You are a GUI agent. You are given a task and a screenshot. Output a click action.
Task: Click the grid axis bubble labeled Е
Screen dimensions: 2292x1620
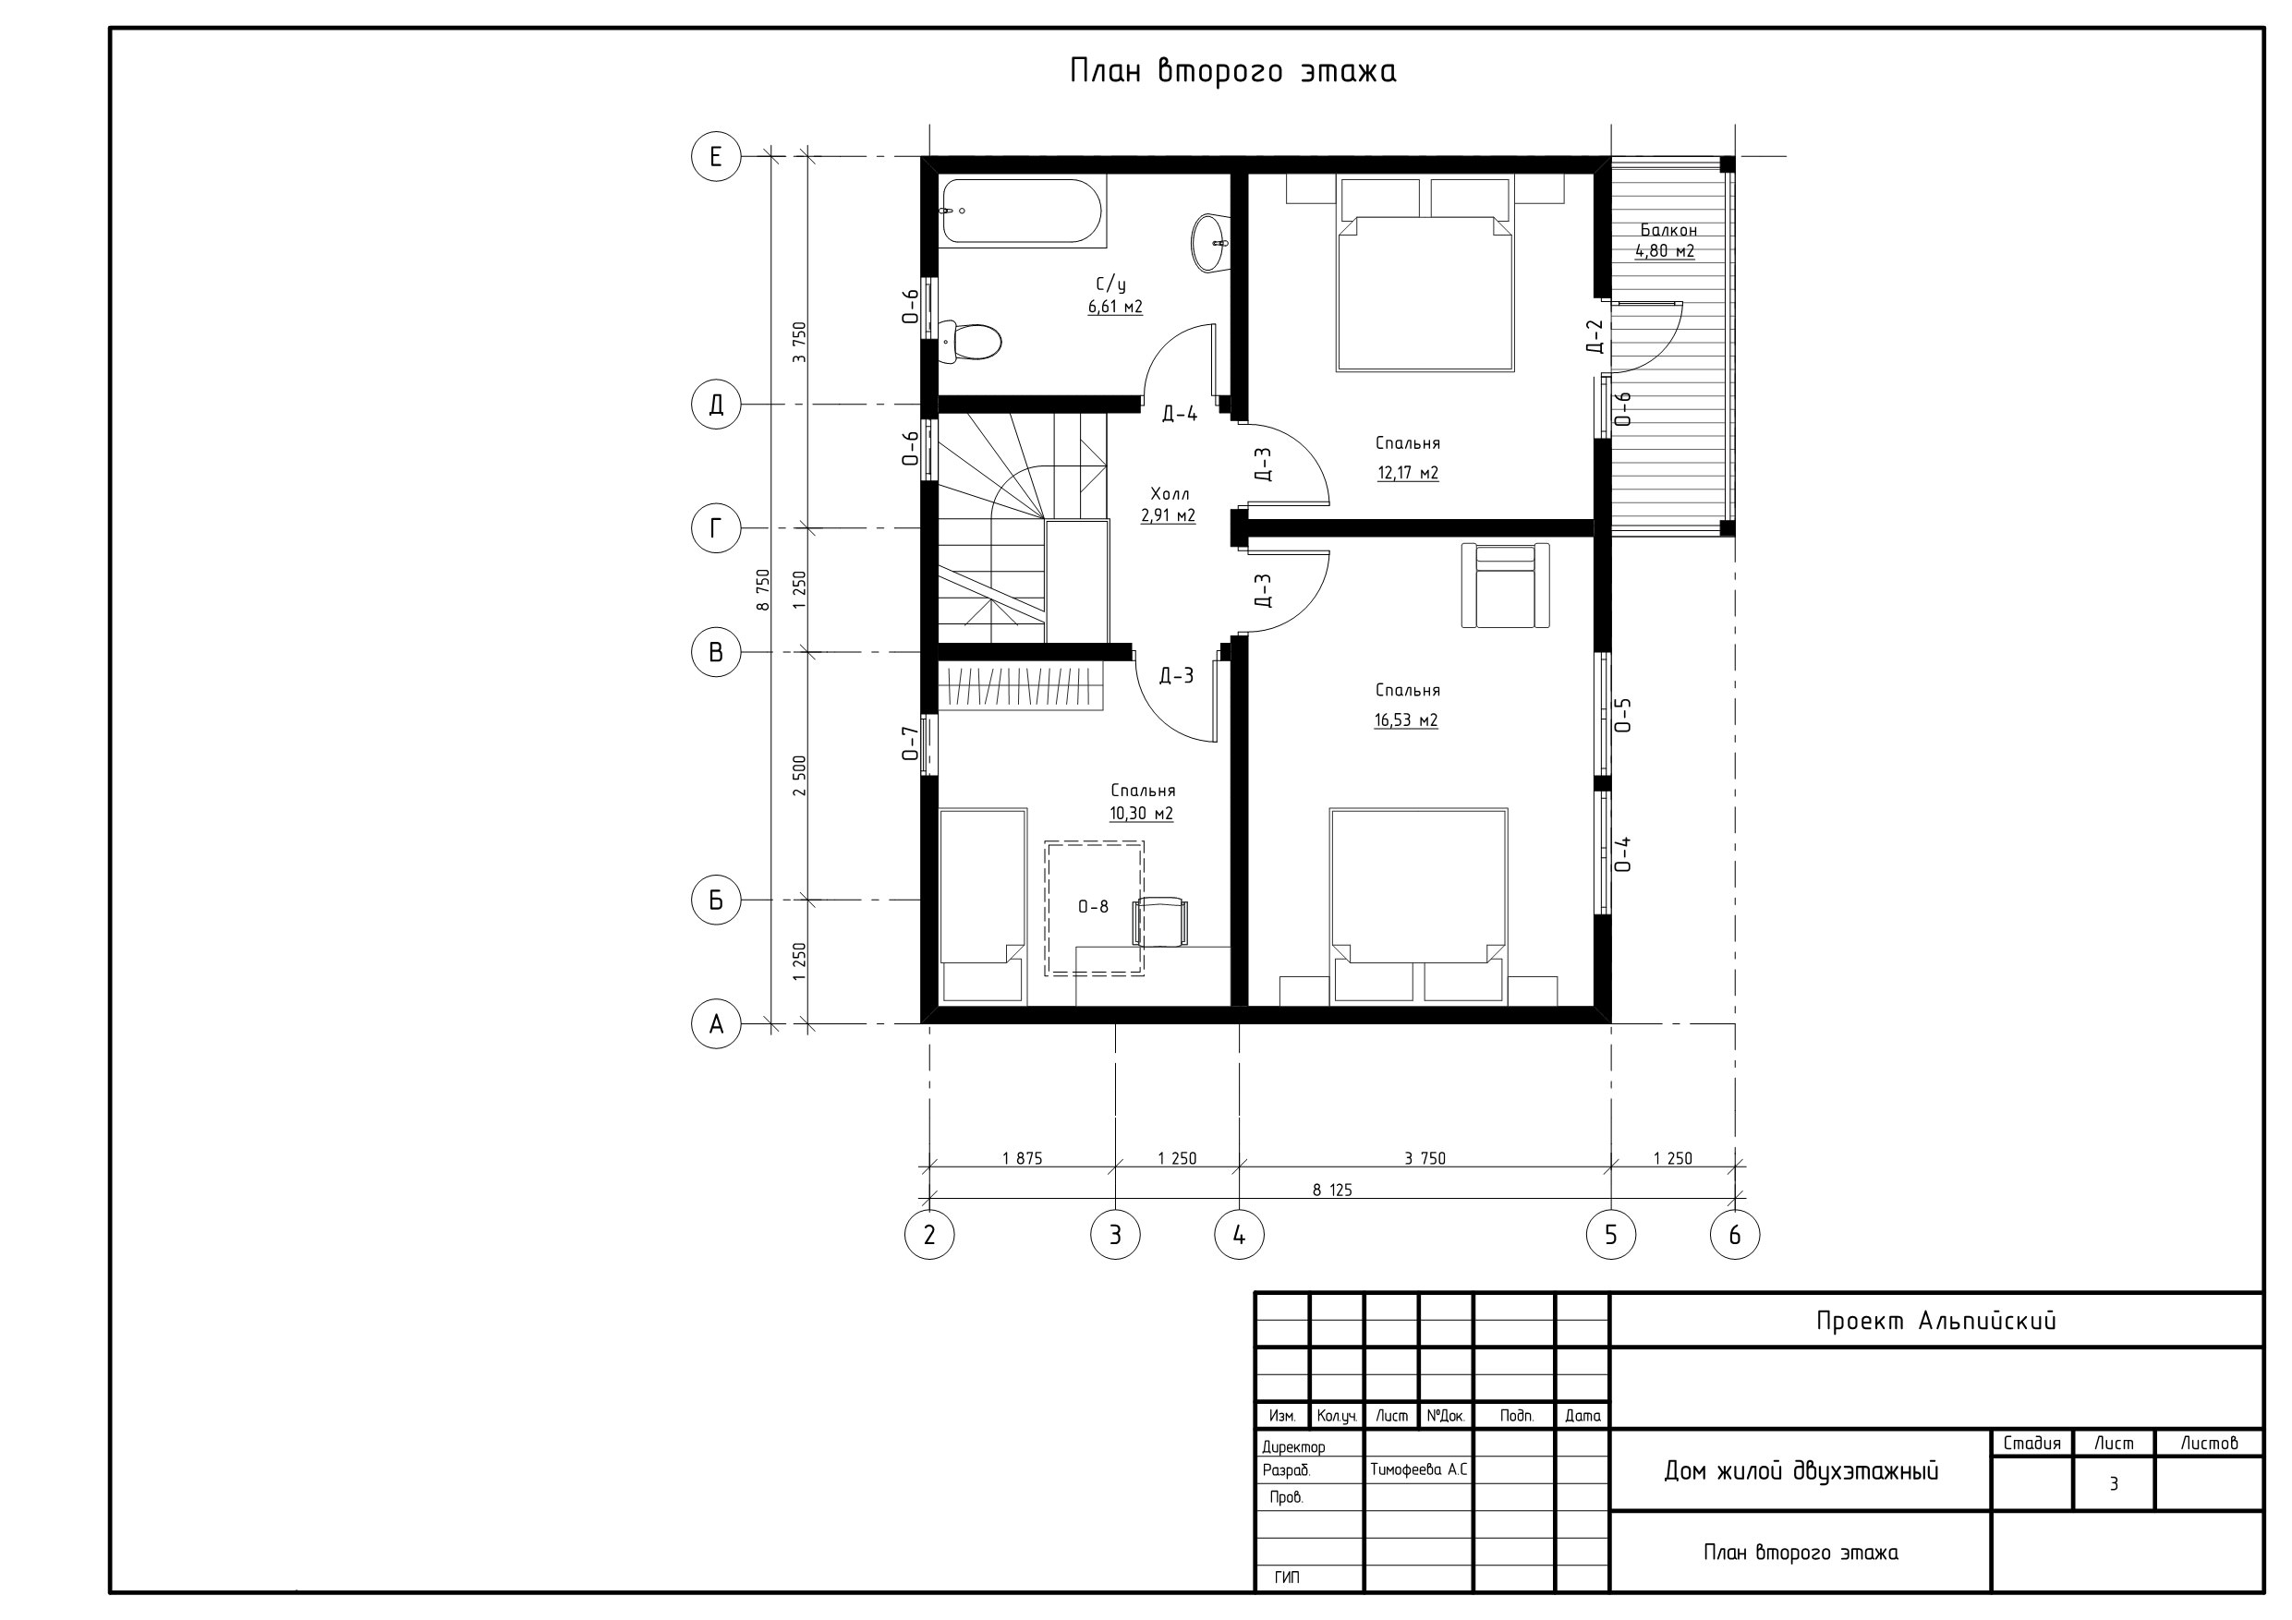pos(716,157)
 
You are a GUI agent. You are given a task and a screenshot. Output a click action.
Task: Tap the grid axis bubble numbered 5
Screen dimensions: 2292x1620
pos(1610,1235)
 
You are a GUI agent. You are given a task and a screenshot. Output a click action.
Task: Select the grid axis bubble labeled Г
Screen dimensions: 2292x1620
pos(716,528)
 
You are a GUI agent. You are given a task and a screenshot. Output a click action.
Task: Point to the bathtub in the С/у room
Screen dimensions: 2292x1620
pos(1024,212)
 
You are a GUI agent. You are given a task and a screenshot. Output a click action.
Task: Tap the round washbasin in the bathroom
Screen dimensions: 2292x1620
pos(1209,242)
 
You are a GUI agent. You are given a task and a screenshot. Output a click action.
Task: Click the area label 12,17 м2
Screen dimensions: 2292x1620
pos(1408,473)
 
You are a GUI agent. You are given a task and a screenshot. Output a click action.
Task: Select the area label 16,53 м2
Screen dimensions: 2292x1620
pos(1405,720)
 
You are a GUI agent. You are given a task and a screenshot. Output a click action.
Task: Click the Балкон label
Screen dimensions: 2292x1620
pos(1668,230)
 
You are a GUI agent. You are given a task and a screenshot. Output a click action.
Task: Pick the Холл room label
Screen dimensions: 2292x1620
pos(1169,494)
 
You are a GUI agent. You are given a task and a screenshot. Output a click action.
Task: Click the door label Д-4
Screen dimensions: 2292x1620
pos(1179,414)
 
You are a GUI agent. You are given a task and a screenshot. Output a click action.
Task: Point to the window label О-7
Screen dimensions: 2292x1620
pos(909,744)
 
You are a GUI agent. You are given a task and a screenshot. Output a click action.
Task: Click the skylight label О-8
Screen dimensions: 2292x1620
pos(1093,907)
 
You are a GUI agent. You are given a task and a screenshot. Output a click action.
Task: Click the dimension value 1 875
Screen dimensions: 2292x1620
pos(1023,1159)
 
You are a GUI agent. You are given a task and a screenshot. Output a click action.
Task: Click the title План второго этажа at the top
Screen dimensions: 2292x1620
pos(1233,71)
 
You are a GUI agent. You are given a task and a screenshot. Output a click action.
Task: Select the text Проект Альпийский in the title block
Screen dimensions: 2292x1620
pos(1935,1322)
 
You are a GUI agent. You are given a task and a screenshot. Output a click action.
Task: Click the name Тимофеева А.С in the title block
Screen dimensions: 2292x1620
pos(1418,1470)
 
